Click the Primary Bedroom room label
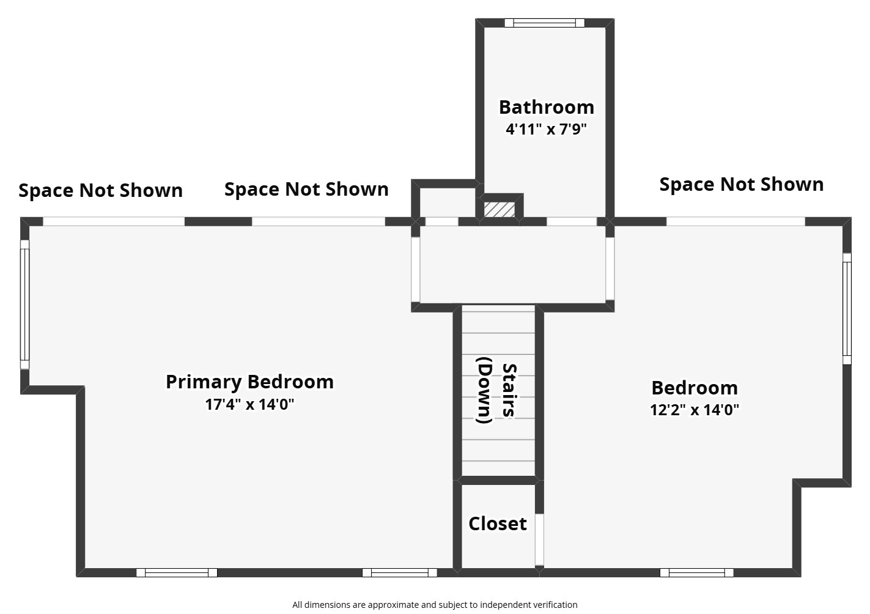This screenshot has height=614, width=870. pos(249,382)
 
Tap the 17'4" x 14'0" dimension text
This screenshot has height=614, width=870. pos(249,404)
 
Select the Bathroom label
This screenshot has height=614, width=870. pos(546,107)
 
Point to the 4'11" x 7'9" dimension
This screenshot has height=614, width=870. pos(546,129)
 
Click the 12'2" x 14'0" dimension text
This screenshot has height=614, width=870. pos(695,410)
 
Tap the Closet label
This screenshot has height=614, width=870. pos(498,523)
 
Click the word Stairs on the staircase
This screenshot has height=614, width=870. pos(509,390)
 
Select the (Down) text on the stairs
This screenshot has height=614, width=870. pos(484,390)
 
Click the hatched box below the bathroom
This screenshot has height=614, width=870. pos(500,209)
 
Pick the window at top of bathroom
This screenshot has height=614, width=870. pos(544,23)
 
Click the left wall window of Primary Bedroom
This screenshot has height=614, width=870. pos(25,305)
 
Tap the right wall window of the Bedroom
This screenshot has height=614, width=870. pos(847,309)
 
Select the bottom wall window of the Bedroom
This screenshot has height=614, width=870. pos(696,573)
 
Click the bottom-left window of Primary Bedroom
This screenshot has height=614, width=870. pos(176,573)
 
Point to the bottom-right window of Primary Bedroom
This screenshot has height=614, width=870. pos(399,573)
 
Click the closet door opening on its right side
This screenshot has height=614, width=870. pos(539,539)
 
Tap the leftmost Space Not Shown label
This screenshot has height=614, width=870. pos(100,190)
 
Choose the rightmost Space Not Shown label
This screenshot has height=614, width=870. pos(741,184)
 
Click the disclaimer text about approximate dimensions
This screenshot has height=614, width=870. pos(435,605)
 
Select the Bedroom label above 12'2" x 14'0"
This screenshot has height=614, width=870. pos(695,388)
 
